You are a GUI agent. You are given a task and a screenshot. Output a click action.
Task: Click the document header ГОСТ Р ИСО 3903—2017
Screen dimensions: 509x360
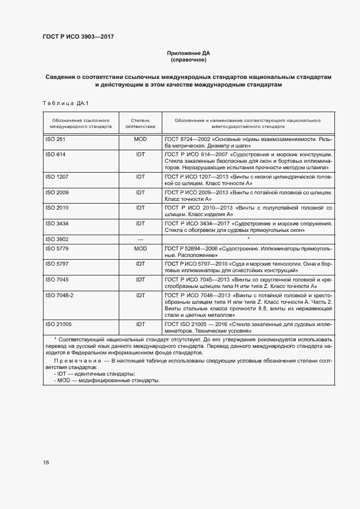coord(77,37)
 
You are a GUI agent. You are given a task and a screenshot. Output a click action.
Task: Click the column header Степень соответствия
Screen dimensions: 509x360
coord(141,122)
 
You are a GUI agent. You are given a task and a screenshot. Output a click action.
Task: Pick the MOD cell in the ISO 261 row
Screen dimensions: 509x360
coord(141,139)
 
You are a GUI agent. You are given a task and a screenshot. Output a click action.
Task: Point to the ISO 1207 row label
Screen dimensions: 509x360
coord(57,177)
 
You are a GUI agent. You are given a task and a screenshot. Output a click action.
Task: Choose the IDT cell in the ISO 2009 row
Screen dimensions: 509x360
coord(141,192)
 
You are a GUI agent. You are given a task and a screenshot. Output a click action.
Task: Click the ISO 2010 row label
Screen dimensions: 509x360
coord(57,207)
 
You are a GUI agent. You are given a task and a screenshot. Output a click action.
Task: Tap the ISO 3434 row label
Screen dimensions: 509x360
coord(57,223)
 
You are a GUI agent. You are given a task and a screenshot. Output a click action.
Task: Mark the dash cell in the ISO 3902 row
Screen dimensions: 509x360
coord(141,239)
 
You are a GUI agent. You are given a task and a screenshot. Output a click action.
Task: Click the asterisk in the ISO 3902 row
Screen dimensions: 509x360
coord(248,239)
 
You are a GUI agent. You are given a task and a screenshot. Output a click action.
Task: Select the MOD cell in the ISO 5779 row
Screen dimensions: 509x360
coord(141,248)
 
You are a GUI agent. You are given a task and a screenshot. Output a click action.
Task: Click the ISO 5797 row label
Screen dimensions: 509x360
coord(57,263)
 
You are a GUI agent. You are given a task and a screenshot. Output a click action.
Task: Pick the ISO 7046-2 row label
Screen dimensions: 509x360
coord(59,295)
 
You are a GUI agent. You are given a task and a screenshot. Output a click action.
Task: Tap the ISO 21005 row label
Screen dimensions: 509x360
coord(59,324)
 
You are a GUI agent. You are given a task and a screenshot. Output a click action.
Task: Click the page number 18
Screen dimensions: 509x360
coord(46,462)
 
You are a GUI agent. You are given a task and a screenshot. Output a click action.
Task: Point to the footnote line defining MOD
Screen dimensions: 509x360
coord(107,380)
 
